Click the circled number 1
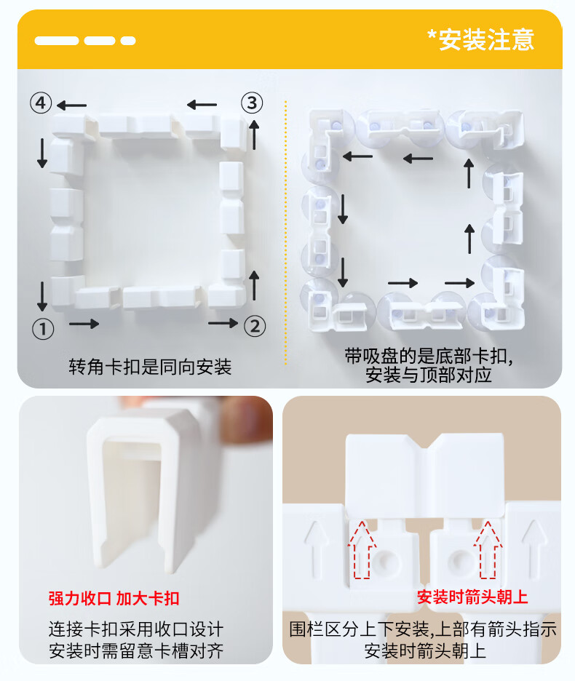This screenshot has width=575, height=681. tap(43, 329)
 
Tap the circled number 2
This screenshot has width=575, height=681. tap(255, 326)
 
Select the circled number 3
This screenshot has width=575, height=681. tap(252, 103)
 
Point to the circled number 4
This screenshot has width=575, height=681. tap(41, 103)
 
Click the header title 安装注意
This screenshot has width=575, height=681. tap(486, 40)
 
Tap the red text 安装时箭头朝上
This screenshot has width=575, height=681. tap(472, 597)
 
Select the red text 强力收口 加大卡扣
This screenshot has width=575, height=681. tap(114, 599)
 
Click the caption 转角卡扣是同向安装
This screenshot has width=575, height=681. tap(150, 367)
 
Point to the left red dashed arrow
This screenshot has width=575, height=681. tap(362, 549)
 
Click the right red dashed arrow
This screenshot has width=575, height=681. tap(488, 549)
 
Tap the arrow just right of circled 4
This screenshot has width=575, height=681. tap(72, 105)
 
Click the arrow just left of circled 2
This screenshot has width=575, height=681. tap(223, 323)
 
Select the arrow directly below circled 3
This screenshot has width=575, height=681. tap(254, 135)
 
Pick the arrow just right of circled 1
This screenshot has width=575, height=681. tap(84, 324)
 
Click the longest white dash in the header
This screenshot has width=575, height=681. tap(57, 41)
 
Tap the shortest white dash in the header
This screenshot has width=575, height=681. tap(128, 41)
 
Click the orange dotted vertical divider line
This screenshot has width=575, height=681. tap(285, 233)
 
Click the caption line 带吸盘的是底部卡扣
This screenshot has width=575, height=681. tap(429, 356)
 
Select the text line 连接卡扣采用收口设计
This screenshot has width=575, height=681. tap(136, 629)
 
